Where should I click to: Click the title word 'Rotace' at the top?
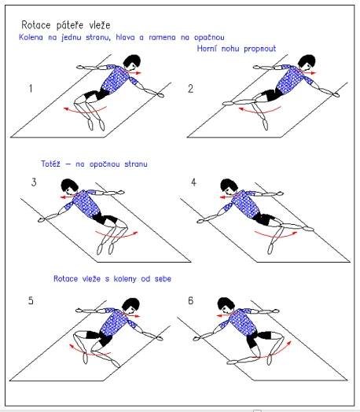[x=36, y=25]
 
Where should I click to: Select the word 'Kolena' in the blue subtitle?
[x=31, y=37]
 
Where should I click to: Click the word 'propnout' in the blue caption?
[x=259, y=49]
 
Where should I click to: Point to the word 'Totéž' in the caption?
[x=50, y=164]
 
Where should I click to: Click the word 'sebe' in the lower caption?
[x=163, y=278]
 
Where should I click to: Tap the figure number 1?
[x=31, y=88]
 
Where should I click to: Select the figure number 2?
[x=191, y=89]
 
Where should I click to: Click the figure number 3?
[x=34, y=182]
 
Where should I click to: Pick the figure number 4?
[x=193, y=182]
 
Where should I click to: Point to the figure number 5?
[x=31, y=300]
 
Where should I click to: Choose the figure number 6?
[x=191, y=300]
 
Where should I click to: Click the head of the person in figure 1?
[x=132, y=61]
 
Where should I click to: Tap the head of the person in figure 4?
[x=230, y=186]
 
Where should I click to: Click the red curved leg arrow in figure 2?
[x=260, y=111]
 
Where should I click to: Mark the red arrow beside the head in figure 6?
[x=222, y=315]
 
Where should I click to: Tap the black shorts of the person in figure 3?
[x=105, y=219]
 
